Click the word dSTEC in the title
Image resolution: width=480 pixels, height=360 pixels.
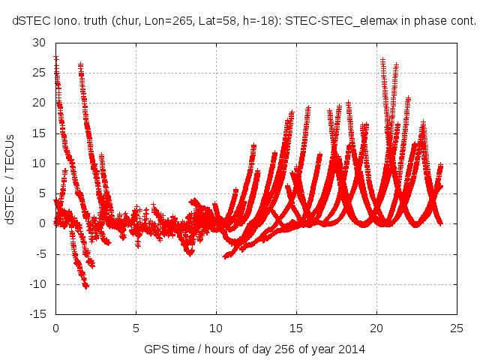click(29, 22)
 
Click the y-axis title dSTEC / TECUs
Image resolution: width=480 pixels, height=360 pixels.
click(10, 178)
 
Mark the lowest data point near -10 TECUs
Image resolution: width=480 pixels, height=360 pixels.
click(85, 286)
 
